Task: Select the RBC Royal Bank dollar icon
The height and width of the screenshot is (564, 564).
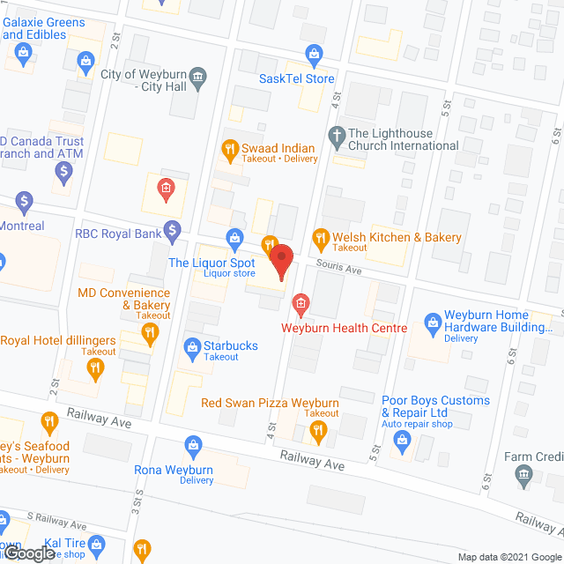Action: (x=174, y=233)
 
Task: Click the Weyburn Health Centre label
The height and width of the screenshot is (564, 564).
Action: (x=344, y=328)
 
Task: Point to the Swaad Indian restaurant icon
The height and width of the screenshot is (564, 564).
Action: (x=230, y=149)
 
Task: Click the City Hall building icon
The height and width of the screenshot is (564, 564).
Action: (x=198, y=78)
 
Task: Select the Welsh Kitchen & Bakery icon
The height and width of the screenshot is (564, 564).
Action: (x=319, y=237)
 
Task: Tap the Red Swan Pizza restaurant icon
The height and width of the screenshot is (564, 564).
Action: (x=318, y=431)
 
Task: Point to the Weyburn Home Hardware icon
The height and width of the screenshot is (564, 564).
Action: (x=432, y=323)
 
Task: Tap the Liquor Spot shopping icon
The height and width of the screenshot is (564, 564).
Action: (x=234, y=236)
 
